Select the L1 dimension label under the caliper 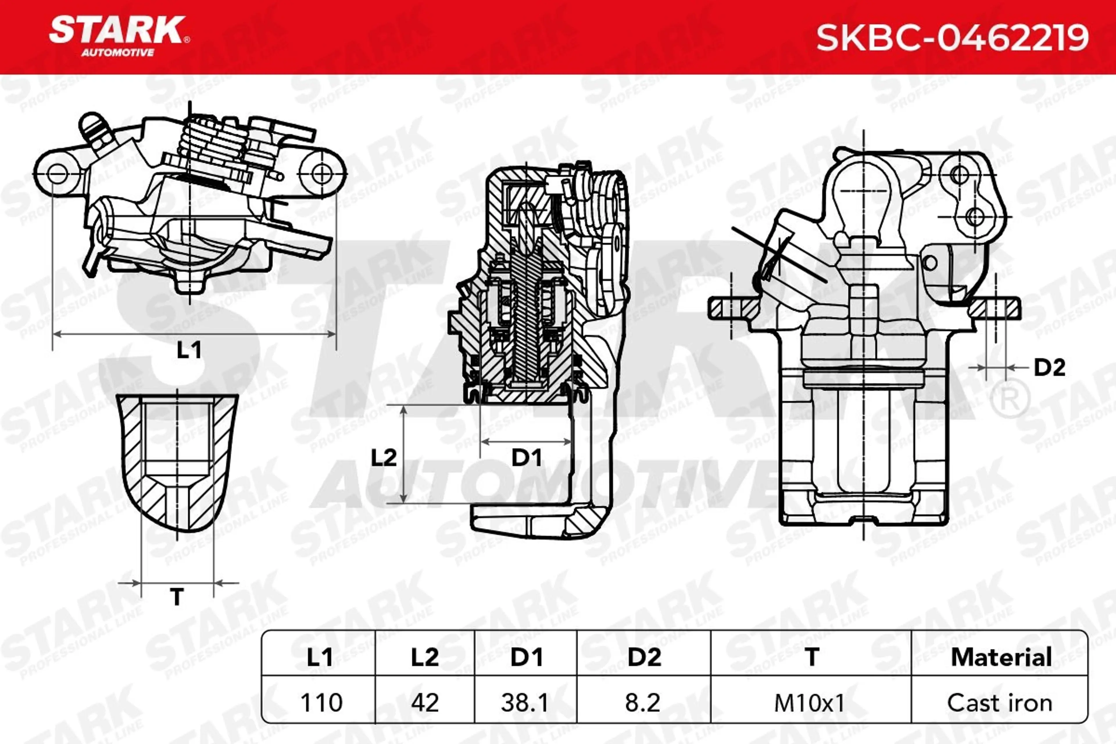(189, 350)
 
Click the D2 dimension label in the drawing (1049, 367)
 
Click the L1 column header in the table (320, 657)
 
